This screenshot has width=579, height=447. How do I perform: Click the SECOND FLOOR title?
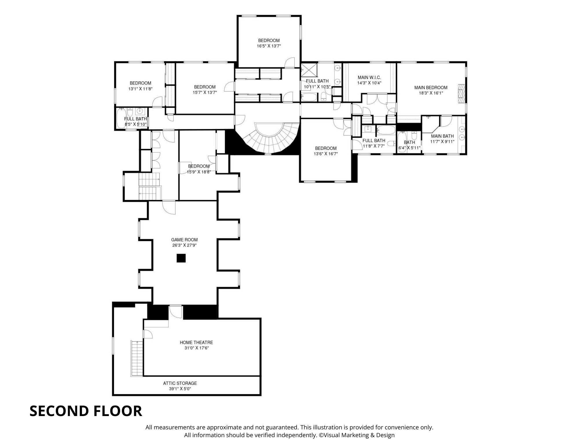point(86,411)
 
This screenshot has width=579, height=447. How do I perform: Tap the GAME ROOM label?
point(184,240)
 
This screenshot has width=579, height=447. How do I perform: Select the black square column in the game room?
point(181,258)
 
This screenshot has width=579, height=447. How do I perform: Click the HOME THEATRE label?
point(196,343)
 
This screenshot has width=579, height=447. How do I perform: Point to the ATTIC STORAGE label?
point(180,383)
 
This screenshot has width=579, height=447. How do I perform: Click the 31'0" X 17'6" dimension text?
point(196,348)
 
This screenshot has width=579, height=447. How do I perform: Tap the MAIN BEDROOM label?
point(431,87)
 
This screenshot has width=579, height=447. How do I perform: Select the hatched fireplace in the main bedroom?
point(461,93)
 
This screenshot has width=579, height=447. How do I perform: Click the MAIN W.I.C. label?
point(369,77)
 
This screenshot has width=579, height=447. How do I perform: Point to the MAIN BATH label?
point(442,136)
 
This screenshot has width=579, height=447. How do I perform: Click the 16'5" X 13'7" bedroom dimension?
point(269,46)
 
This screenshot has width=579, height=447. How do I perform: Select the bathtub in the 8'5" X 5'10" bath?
point(121,118)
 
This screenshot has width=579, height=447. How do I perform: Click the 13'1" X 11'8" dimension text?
point(140,89)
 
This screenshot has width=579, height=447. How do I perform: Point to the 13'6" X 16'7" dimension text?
point(326,154)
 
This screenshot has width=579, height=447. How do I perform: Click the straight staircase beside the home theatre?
point(137,358)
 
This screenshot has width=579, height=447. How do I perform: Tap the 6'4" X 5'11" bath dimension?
point(409,148)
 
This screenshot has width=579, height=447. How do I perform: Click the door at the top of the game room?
point(169,207)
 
